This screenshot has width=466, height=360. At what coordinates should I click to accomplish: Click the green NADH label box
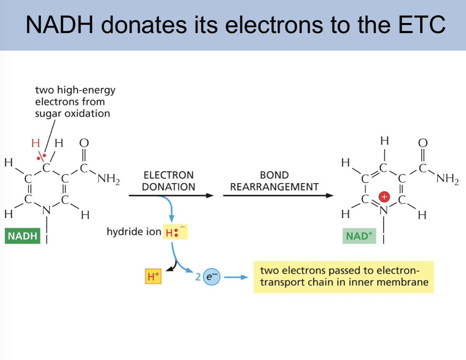[23, 236]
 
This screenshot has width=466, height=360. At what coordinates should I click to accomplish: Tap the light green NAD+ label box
[359, 236]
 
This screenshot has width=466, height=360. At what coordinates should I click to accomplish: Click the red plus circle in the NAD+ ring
[384, 197]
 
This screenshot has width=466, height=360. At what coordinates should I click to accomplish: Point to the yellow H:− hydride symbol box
[175, 232]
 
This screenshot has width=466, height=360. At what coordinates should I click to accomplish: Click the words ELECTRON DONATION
[168, 181]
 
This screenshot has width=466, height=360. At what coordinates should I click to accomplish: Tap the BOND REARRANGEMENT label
[274, 181]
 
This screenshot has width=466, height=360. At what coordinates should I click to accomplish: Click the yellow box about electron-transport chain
[343, 277]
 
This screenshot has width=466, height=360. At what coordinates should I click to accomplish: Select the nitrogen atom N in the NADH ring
[46, 211]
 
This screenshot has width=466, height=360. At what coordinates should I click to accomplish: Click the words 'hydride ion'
[134, 232]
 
